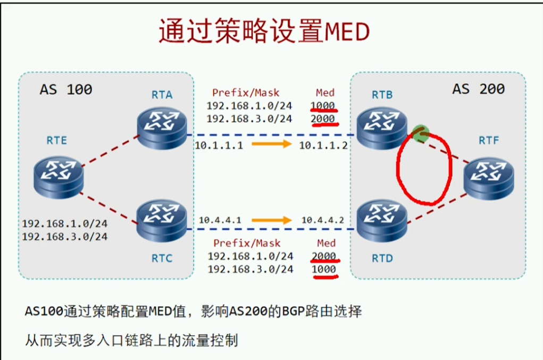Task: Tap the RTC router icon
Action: (162, 220)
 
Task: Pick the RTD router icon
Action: (382, 220)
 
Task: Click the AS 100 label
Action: (66, 89)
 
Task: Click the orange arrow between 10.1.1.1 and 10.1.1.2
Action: (271, 144)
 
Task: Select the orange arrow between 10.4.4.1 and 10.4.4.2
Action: (271, 219)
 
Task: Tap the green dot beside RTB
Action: (421, 132)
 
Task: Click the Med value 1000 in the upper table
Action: (323, 105)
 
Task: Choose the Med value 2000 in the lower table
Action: (324, 256)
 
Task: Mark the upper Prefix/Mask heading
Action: (246, 93)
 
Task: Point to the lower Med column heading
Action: (326, 243)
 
